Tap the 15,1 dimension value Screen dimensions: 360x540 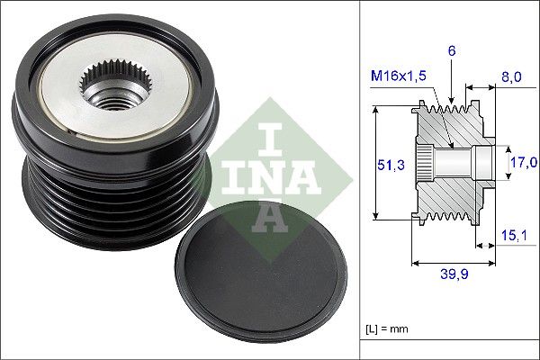(x=512, y=237)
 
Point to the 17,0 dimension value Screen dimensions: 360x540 (x=523, y=163)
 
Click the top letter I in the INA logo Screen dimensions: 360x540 (x=268, y=136)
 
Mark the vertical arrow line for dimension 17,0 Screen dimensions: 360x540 (x=501, y=163)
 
